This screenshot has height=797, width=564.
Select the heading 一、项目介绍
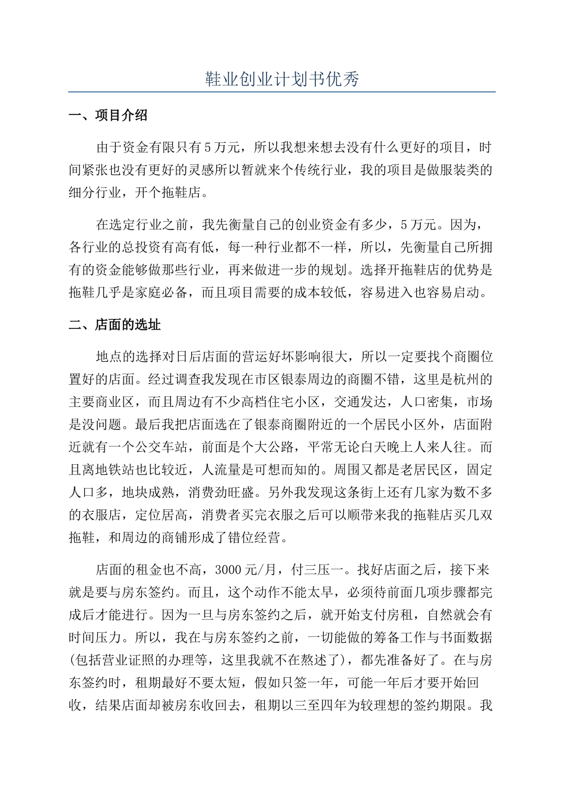point(108,116)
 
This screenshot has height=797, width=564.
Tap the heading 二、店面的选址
point(115,324)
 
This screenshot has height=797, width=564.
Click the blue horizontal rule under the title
point(282,92)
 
